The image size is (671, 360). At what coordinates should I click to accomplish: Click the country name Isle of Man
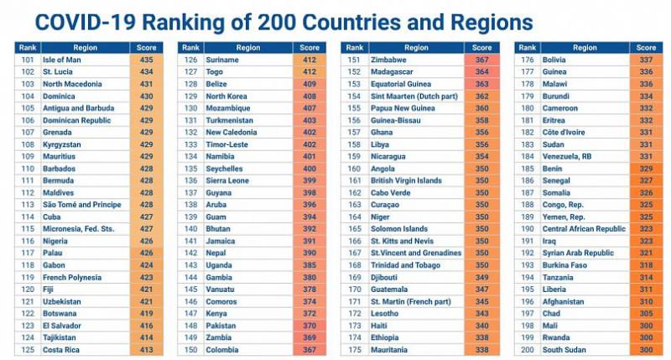60,60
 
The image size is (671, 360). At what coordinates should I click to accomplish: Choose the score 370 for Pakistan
309,325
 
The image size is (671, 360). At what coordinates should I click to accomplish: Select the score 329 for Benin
646,169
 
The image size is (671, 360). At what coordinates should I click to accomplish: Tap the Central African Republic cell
584,228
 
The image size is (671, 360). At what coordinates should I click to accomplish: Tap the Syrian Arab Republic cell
579,253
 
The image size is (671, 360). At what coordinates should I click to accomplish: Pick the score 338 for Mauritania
481,349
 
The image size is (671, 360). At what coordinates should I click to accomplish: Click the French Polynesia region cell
70,277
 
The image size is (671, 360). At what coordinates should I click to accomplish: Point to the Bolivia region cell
554,60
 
